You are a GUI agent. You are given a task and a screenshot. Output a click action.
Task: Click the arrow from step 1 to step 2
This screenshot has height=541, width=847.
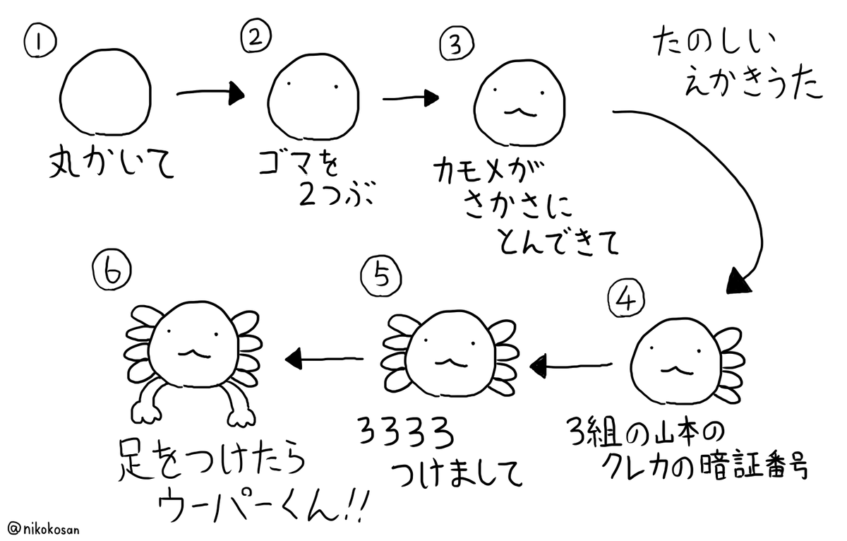pyautogui.click(x=209, y=93)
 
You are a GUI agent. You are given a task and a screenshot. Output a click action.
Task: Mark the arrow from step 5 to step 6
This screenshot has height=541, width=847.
pyautogui.click(x=323, y=359)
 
